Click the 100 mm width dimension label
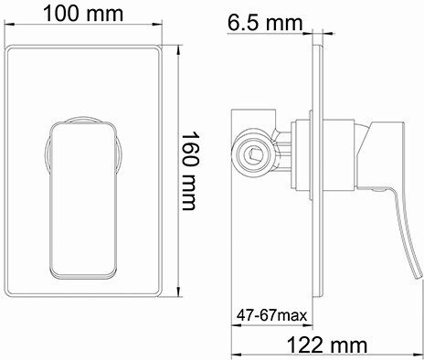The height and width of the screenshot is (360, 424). tap(83, 14)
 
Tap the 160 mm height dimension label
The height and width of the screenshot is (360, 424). tap(190, 171)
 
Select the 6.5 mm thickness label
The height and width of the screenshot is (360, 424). tap(265, 23)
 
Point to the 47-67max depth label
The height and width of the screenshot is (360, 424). tap(271, 315)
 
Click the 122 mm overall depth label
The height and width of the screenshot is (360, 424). tap(327, 345)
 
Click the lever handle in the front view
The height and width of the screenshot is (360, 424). tap(84, 200)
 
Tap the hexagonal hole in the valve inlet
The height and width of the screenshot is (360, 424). tap(254, 154)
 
